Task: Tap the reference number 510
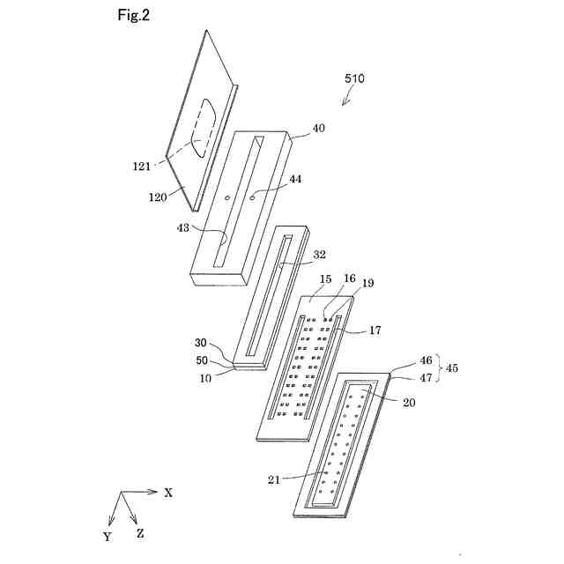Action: click(354, 78)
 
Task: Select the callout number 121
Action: click(142, 164)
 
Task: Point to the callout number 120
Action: click(160, 197)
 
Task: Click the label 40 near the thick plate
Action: click(318, 128)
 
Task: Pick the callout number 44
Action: click(295, 179)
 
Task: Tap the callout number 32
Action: click(319, 254)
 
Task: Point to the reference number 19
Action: click(367, 284)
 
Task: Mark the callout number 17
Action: click(375, 330)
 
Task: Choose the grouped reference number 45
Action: click(452, 368)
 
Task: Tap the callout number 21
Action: click(274, 479)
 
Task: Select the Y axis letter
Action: click(107, 536)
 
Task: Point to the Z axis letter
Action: click(140, 533)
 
